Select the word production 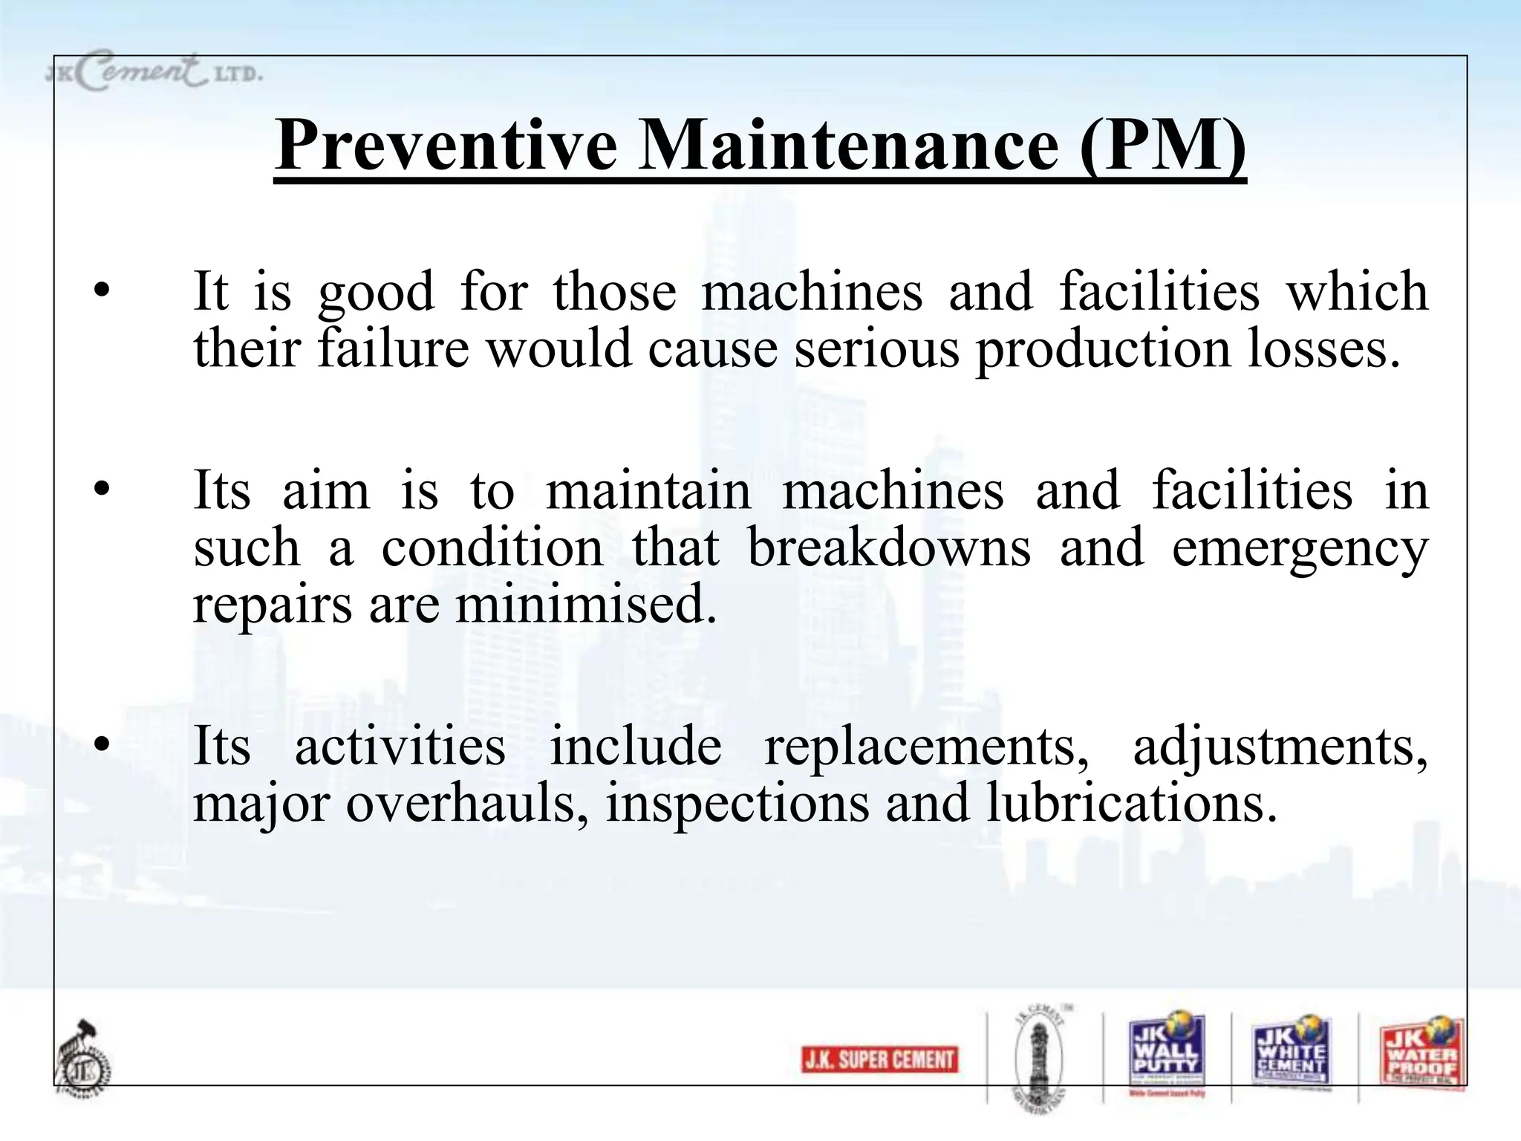pos(1103,349)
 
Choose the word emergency pos(1300,550)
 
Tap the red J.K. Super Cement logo pos(880,1059)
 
